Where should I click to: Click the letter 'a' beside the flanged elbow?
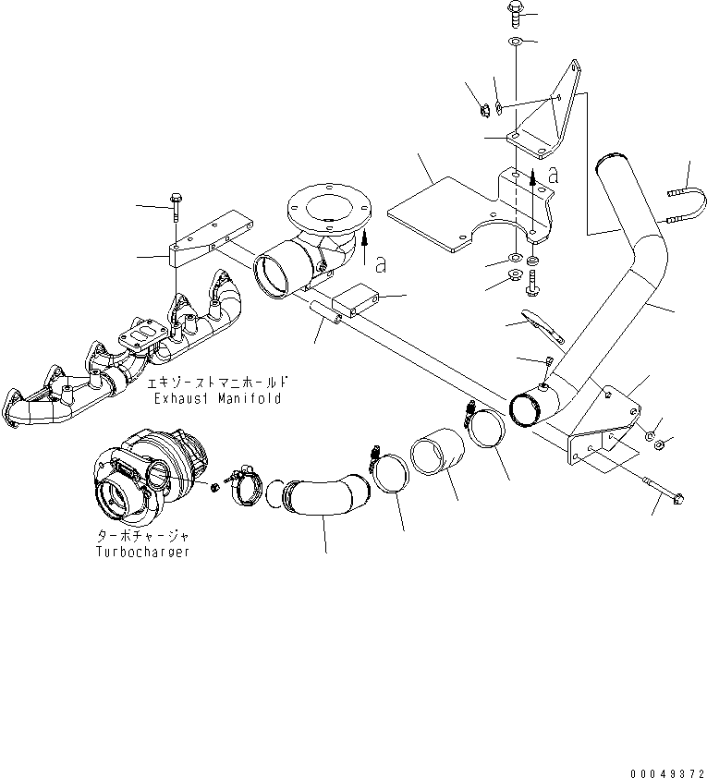coord(381,264)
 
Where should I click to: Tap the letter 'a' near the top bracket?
coord(552,173)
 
